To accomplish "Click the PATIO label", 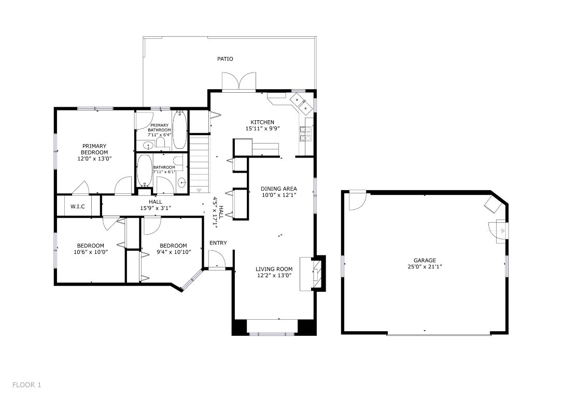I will click(224, 59).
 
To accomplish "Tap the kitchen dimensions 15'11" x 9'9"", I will click(262, 129).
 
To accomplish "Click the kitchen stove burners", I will click(304, 134).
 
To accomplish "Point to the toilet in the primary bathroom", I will click(160, 142).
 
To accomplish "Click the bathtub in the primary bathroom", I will click(179, 130).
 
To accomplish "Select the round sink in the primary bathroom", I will click(147, 146).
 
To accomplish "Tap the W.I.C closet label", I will click(78, 206).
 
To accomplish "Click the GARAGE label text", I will click(424, 261).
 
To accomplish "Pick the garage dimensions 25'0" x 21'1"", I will click(424, 267).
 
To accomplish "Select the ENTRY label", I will click(218, 243).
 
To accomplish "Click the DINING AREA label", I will click(278, 189).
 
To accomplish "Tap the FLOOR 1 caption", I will click(26, 385).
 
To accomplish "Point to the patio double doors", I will click(238, 82).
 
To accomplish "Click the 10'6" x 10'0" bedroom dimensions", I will click(91, 252).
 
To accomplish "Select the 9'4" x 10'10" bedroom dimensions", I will click(173, 252).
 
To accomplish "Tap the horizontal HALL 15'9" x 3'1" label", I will click(156, 205).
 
